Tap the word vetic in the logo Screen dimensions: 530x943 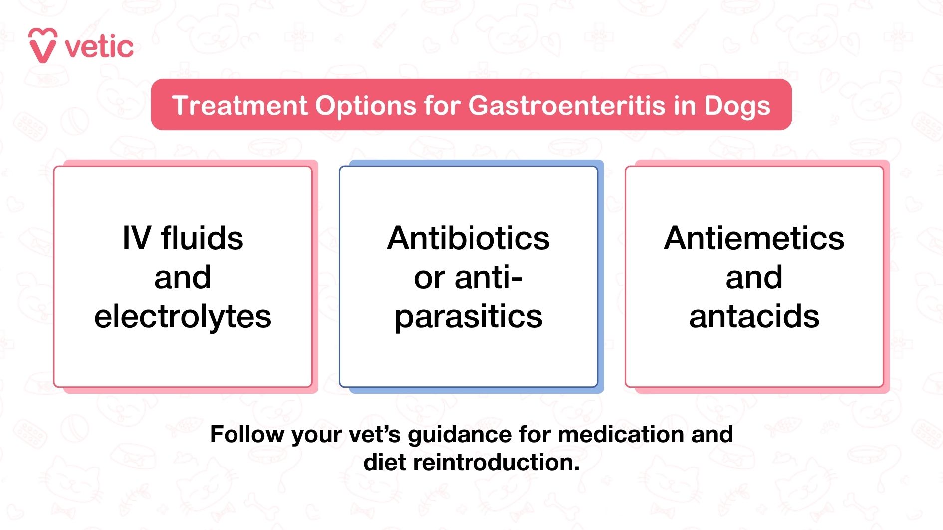point(99,48)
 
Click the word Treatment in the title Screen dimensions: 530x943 point(239,106)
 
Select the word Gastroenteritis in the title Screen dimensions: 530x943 point(567,106)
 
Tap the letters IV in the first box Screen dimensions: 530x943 point(136,238)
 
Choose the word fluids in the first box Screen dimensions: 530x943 point(202,238)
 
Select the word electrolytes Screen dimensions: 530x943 point(183,316)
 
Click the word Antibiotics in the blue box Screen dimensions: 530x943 point(468,238)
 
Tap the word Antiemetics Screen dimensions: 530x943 point(754,238)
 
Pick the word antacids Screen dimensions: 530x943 point(754,316)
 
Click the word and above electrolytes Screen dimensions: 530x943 point(183,277)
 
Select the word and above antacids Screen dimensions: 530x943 point(754,277)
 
